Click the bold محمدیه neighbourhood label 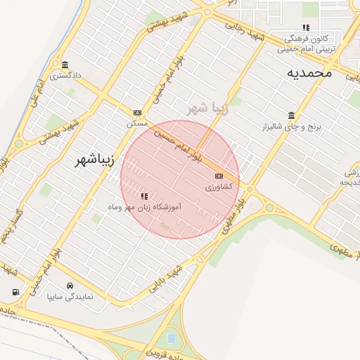[x=309, y=73]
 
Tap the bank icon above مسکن [x=137, y=112]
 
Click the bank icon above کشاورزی [x=219, y=176]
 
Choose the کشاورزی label [x=220, y=187]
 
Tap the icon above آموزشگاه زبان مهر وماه [x=144, y=196]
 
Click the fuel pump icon [x=15, y=292]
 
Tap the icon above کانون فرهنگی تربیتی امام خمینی [x=306, y=27]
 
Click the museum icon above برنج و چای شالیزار [x=291, y=116]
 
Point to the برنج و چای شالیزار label [x=291, y=127]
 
